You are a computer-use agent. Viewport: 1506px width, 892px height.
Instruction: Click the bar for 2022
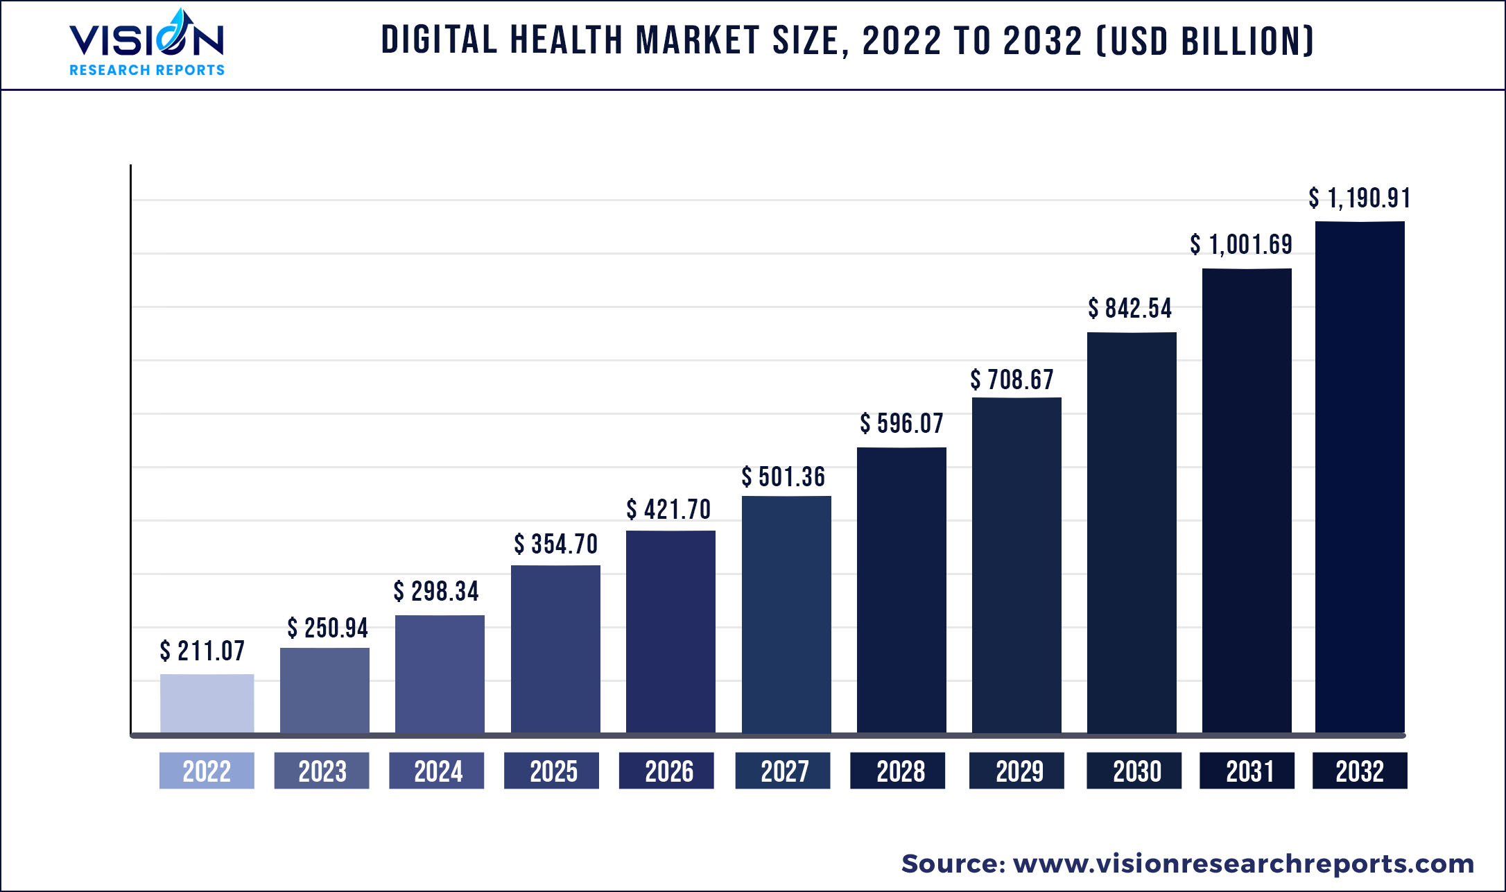pos(207,703)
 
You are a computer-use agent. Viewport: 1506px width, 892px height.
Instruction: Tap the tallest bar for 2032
pos(1360,477)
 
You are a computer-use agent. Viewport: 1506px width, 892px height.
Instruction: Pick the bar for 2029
pos(1016,565)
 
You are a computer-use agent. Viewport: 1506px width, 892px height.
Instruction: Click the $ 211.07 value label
pos(202,651)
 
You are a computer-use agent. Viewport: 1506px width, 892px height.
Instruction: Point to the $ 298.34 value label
pos(436,592)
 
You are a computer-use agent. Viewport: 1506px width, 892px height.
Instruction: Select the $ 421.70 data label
pos(668,510)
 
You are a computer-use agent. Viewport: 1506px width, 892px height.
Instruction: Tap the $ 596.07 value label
pos(901,423)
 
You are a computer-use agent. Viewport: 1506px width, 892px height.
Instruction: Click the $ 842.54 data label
pos(1129,309)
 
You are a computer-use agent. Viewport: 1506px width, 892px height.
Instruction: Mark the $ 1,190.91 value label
pos(1359,198)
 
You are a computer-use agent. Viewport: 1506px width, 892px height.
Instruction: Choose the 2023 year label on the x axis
pos(322,771)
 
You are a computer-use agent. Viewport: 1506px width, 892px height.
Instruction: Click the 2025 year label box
pos(552,771)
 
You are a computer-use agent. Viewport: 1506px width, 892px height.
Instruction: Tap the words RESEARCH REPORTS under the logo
pos(147,70)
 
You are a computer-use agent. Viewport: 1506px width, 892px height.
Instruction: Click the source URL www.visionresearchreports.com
pos(1243,864)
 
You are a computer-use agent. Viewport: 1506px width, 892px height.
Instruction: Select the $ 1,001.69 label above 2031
pos(1241,245)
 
